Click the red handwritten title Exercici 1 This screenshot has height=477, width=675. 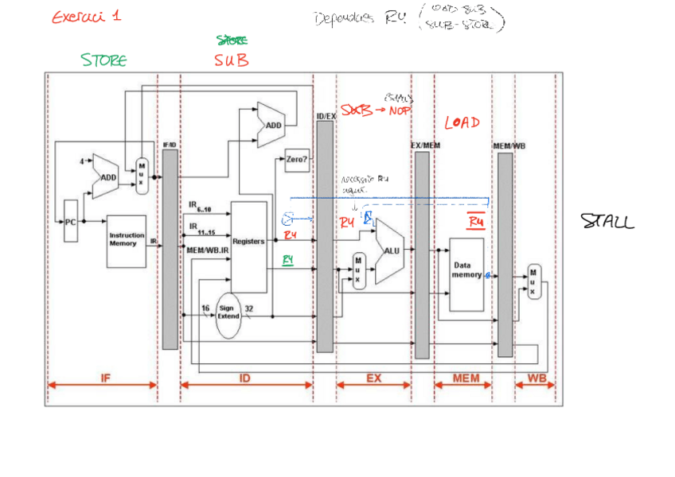coord(86,17)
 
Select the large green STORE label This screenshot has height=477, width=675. coord(103,60)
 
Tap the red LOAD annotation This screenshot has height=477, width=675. coord(462,122)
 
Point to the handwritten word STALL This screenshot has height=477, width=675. coord(607,221)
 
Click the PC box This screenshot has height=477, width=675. coord(71,223)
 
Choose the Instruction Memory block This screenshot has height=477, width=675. coord(127,239)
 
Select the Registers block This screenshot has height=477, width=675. coord(248,242)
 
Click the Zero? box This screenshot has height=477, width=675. coord(296,159)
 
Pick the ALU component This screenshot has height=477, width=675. coord(391,250)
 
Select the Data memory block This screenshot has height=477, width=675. coord(466,270)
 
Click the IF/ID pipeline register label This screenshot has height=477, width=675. coord(170,145)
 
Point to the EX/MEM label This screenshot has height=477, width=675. coord(425,146)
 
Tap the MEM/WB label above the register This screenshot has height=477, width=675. coord(509,146)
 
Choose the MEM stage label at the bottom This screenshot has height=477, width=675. coord(466,378)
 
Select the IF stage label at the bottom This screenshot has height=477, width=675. coord(104,378)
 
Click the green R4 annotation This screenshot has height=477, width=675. coord(290,259)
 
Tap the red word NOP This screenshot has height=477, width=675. coord(399,111)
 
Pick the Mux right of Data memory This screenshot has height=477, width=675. coord(534,281)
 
